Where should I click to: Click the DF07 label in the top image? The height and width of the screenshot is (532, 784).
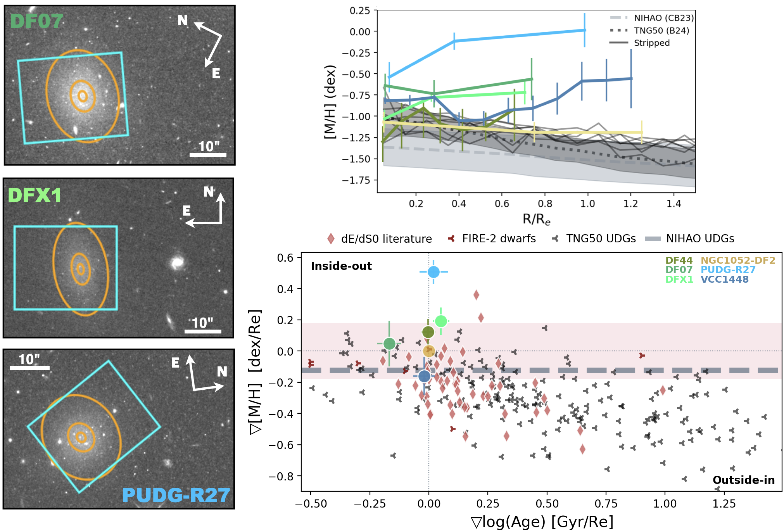36,21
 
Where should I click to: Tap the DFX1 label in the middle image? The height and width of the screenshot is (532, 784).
35,195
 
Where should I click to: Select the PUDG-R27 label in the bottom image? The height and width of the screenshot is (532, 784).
176,495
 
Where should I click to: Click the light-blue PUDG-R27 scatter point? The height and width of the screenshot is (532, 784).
433,272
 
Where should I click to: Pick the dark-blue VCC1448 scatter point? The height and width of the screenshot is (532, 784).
424,376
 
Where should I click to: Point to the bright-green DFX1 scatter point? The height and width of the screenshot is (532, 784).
441,321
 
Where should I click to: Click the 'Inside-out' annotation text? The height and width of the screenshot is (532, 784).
341,266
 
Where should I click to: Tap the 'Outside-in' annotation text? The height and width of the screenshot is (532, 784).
743,480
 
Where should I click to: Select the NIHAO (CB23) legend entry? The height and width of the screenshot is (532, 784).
663,18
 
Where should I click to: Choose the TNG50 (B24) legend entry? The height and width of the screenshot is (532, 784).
661,31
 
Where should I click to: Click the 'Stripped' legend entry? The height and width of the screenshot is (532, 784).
651,43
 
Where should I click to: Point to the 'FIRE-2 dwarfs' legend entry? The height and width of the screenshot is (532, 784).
499,238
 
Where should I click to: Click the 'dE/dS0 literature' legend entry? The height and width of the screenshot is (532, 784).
386,239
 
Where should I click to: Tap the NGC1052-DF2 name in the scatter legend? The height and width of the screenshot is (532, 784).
738,260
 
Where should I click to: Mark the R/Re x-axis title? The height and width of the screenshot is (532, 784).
536,219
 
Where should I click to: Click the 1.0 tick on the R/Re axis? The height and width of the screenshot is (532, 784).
587,204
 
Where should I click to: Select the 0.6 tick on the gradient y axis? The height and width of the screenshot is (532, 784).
285,258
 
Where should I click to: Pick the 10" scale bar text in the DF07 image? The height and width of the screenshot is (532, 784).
209,147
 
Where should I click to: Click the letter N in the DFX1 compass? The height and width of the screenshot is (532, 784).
209,192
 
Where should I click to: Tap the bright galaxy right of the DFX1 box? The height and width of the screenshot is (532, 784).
178,263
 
